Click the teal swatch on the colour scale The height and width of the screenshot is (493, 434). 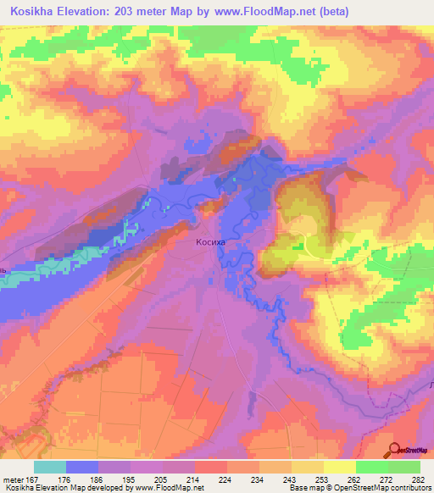(50, 467)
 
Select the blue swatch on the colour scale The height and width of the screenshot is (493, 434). (82, 467)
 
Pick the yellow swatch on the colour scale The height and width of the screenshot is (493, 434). (340, 467)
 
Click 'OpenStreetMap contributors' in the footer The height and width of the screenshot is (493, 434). (387, 489)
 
